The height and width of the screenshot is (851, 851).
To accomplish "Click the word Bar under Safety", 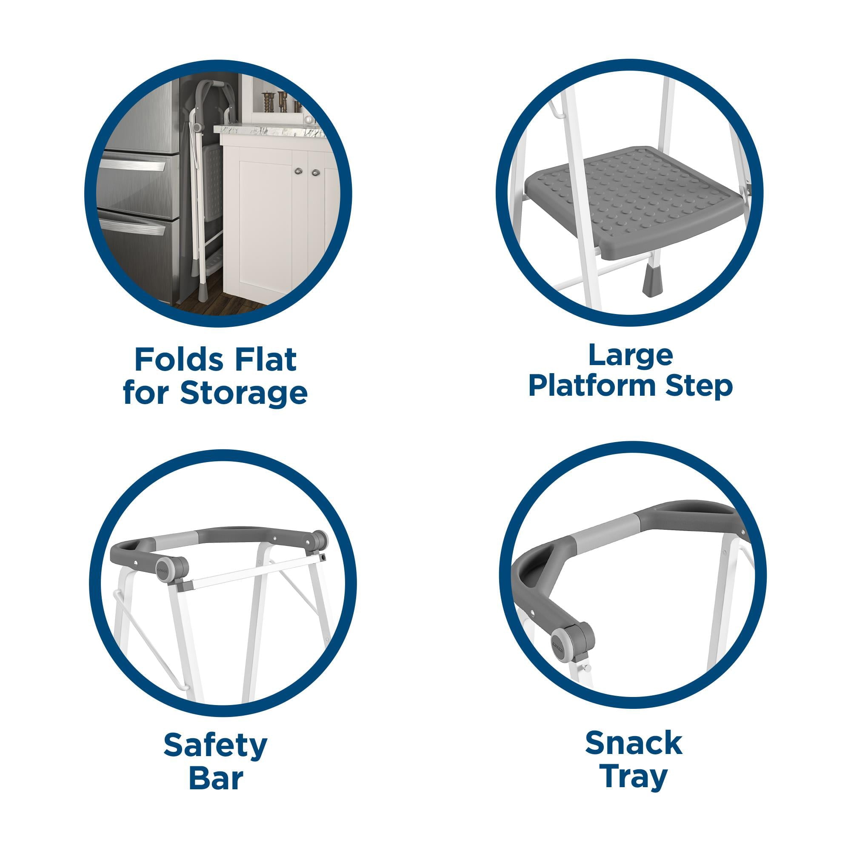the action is click(x=216, y=778).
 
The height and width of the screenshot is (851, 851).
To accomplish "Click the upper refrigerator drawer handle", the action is click(x=132, y=166).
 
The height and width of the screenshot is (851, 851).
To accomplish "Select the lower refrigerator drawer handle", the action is click(x=132, y=226).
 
